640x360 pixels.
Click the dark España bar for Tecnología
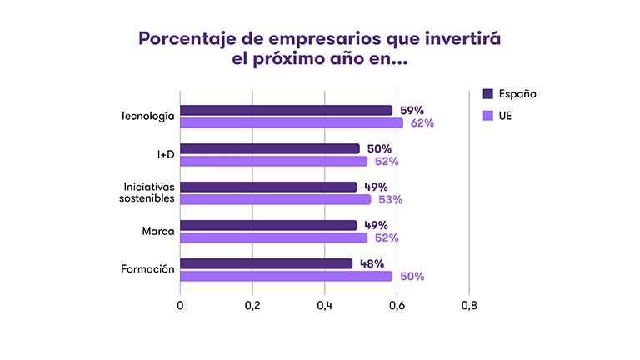click(286, 110)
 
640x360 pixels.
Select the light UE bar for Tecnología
click(292, 123)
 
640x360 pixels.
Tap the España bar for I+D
click(270, 148)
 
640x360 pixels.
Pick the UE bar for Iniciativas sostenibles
click(275, 200)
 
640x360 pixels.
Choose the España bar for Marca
click(268, 225)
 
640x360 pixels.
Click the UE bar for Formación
click(286, 276)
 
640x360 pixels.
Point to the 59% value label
click(412, 110)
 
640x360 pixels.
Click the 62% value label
click(422, 123)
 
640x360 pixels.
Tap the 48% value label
click(371, 263)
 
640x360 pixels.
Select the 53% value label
click(390, 200)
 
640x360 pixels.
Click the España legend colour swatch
click(488, 93)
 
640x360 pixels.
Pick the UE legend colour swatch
click(488, 115)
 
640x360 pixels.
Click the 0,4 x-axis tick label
click(324, 306)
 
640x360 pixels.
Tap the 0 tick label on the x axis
click(180, 306)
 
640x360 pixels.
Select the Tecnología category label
click(147, 116)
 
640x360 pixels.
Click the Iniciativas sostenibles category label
click(148, 192)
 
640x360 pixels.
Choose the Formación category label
click(147, 269)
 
